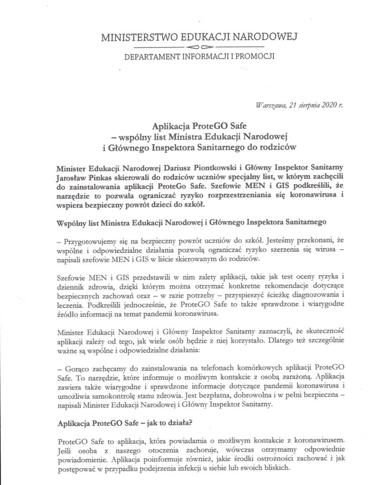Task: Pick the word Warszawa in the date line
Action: (x=271, y=106)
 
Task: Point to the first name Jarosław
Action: (x=73, y=177)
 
